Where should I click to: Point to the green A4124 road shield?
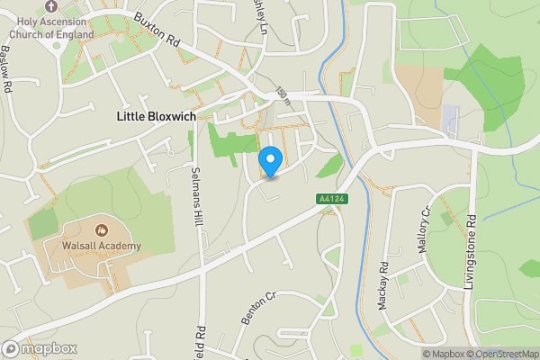(330, 199)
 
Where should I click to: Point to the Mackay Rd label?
(382, 286)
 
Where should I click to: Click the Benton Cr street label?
(256, 307)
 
